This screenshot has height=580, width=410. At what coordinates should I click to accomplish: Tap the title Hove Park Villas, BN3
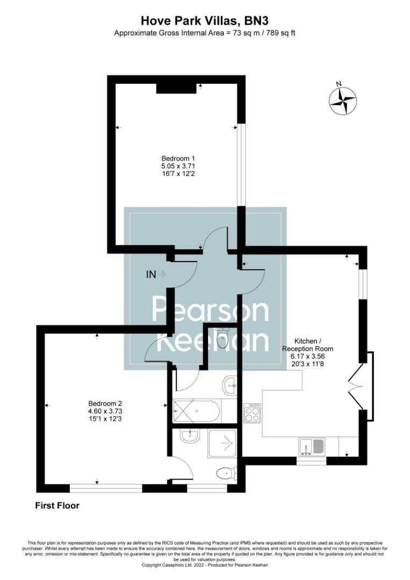[205, 20]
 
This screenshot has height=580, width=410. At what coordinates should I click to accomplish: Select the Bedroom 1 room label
[178, 158]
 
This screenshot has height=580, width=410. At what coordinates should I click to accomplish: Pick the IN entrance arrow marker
[156, 274]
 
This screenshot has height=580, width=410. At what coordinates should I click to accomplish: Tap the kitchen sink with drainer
[312, 446]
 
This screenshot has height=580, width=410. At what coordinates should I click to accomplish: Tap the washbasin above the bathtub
[230, 383]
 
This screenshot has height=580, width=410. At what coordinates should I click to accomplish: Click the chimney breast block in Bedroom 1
[176, 88]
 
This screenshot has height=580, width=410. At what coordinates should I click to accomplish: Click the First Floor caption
[57, 505]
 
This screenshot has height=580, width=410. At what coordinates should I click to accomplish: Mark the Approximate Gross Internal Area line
[205, 33]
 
